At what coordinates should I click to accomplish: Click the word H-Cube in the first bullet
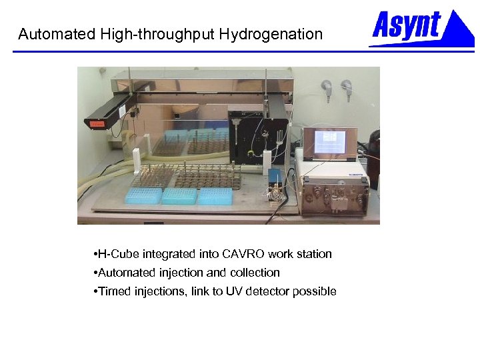pos(117,254)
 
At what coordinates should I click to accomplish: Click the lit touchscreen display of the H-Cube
pos(329,142)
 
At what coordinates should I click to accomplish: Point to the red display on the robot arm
pos(97,123)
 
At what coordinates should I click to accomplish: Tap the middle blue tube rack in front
pos(179,195)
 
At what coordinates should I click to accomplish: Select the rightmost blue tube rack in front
pos(215,195)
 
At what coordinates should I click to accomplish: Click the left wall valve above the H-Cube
pos(326,87)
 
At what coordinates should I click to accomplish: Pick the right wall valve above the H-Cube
pos(346,87)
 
